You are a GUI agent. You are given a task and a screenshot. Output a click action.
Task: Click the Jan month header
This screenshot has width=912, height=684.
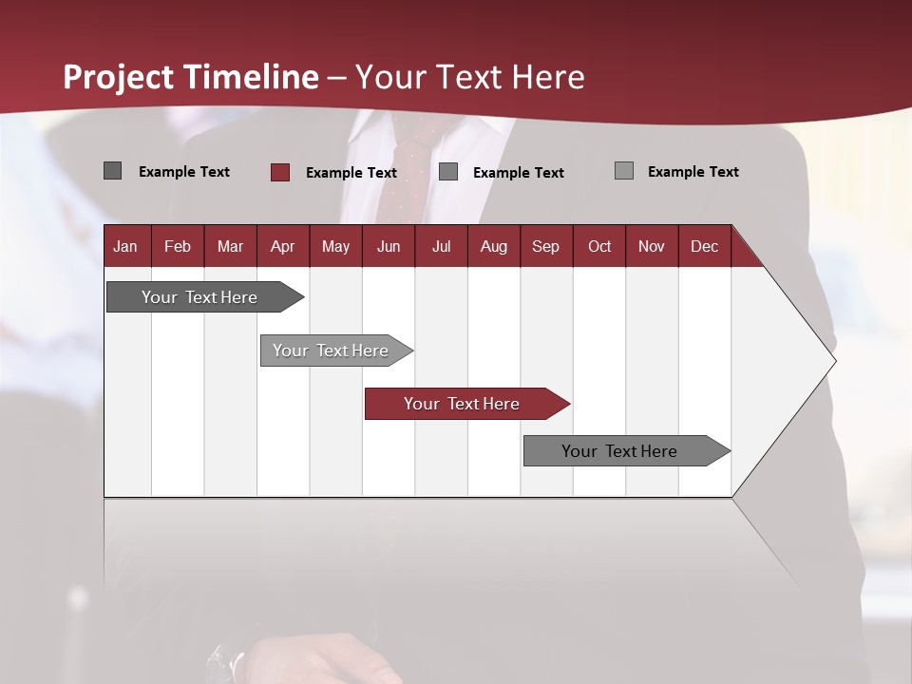[x=126, y=246]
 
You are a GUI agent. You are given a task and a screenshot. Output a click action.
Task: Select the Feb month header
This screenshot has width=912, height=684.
[x=178, y=246]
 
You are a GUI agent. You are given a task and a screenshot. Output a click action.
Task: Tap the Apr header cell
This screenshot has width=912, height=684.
[x=283, y=246]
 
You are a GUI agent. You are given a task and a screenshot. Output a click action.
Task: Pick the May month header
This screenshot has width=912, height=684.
[x=335, y=246]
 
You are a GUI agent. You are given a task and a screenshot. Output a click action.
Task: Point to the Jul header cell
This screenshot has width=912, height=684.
[x=441, y=246]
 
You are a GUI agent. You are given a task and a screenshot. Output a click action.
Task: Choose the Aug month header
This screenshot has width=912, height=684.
[x=494, y=246]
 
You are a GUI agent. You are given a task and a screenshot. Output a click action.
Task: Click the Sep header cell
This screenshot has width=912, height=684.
[x=546, y=246]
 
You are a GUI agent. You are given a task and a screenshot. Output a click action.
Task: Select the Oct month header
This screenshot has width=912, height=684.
[x=599, y=246]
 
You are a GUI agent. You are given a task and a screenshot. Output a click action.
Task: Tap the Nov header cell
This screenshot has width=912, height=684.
[x=652, y=246]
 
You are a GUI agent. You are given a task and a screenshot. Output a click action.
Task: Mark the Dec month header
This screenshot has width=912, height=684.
[x=704, y=246]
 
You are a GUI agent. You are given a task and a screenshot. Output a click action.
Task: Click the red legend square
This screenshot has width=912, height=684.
[x=280, y=172]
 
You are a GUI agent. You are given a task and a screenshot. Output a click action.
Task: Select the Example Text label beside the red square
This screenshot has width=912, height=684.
[x=351, y=173]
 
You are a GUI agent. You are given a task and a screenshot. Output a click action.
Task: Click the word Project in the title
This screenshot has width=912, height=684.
[x=120, y=77]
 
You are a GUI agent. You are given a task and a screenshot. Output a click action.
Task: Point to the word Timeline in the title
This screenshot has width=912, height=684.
[x=252, y=77]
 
